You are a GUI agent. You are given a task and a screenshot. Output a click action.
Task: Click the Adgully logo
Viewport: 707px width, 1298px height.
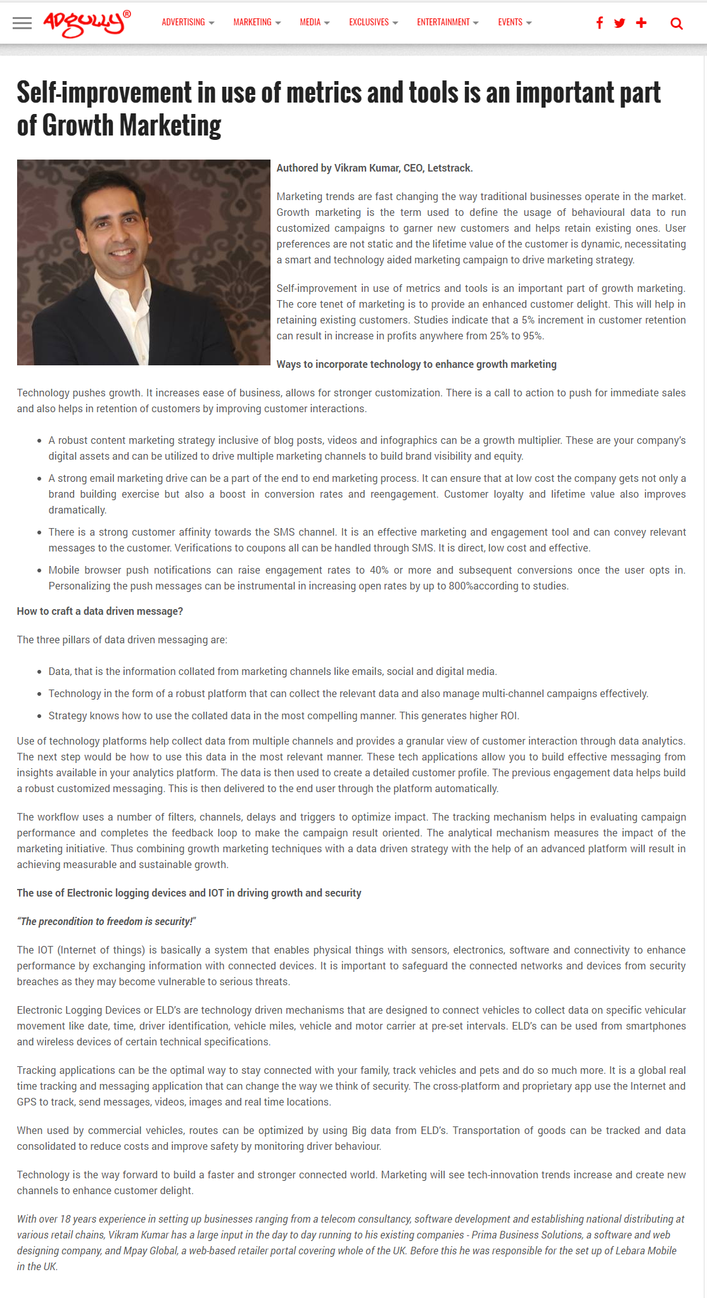click(x=87, y=23)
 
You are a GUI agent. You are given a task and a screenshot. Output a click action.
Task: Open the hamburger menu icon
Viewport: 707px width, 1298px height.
click(x=22, y=23)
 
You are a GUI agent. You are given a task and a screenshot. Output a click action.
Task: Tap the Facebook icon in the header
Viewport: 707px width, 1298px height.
click(x=599, y=23)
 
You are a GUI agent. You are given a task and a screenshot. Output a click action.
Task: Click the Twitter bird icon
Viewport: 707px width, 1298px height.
click(x=620, y=23)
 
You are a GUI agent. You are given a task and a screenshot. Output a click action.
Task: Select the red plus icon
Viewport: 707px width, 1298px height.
click(x=641, y=23)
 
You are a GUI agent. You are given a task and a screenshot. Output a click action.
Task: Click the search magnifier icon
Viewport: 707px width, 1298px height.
click(x=677, y=24)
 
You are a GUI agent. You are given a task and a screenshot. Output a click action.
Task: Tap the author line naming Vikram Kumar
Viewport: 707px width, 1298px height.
click(x=374, y=168)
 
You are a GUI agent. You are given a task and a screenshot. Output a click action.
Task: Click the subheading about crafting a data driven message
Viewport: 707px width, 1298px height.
click(x=100, y=612)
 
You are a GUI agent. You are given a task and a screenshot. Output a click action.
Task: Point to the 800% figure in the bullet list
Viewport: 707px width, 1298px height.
click(x=461, y=586)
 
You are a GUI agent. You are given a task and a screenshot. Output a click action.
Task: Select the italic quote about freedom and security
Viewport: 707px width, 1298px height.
click(x=106, y=922)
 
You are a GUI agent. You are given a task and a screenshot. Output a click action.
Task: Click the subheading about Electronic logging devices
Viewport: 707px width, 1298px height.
click(x=189, y=893)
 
